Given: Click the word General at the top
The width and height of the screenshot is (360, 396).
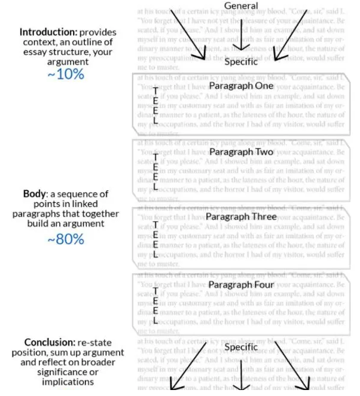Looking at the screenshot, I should (241, 6).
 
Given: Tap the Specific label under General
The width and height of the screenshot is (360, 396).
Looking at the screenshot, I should (241, 61).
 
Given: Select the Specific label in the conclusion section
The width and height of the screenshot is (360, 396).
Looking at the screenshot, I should (241, 347).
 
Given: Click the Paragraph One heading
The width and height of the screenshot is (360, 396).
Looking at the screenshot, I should (241, 86).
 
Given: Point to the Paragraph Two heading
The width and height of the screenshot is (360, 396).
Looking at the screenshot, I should (241, 153).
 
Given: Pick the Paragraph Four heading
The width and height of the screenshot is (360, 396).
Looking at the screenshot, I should (241, 285).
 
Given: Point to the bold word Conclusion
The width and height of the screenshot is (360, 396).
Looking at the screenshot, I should (41, 342).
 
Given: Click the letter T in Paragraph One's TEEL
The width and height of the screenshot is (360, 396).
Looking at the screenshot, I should (155, 90).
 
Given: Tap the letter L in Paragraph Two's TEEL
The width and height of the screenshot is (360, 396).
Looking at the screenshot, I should (155, 186).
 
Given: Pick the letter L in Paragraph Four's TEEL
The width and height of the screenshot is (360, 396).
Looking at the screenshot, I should (155, 321).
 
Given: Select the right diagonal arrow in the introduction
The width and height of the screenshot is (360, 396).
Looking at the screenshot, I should (291, 35).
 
